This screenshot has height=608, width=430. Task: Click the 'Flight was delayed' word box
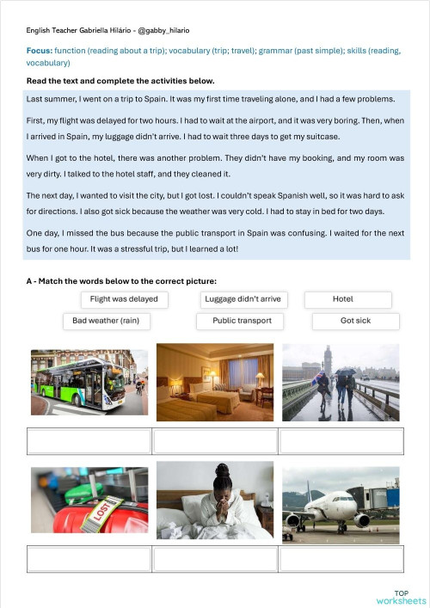pos(125,299)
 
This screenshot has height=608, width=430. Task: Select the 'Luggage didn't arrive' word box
pos(243,299)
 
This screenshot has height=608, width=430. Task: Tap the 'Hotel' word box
pos(347,299)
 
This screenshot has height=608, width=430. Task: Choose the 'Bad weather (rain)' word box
pos(106,321)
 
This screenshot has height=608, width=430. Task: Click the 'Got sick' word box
pos(355,321)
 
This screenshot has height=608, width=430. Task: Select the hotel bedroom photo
pos(215,382)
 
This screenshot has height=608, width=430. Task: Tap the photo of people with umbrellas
pos(341,382)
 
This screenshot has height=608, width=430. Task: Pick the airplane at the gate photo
pos(341,505)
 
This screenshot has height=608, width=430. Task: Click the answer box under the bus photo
pos(89,440)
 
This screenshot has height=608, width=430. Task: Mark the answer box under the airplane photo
pos(341,559)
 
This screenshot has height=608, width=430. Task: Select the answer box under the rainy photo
pos(341,440)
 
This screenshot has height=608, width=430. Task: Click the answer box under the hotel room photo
pos(215,440)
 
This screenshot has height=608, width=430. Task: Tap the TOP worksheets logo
pos(401,597)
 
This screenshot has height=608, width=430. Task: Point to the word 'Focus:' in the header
pos(40,51)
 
